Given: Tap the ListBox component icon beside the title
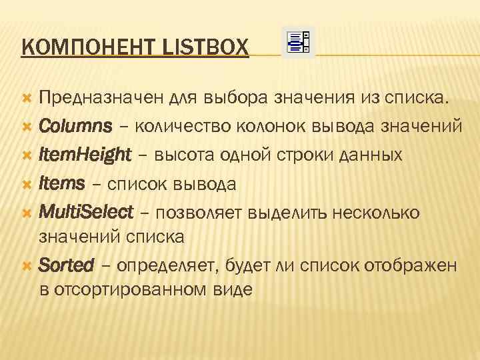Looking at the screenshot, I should pos(298,43).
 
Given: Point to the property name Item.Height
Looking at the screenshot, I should pos(85,155).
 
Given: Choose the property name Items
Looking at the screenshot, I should pos(62,183).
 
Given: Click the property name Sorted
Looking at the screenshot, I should pos(67,265).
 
